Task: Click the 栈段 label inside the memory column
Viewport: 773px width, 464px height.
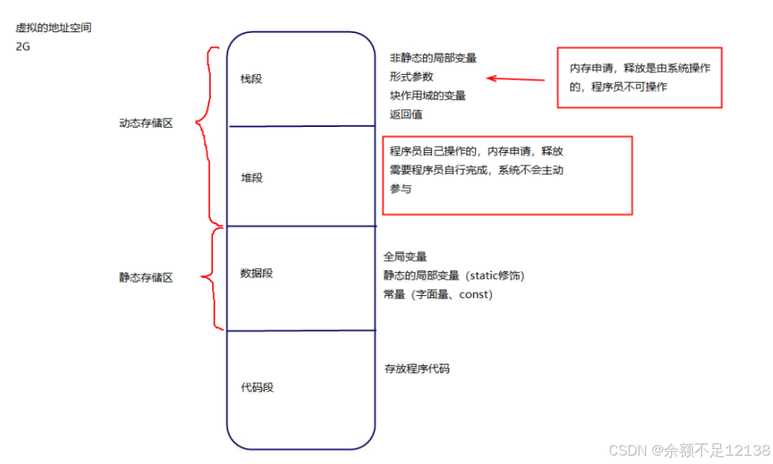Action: click(251, 78)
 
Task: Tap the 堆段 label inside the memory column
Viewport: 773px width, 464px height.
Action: click(252, 177)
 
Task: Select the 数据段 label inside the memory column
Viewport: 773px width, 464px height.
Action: click(257, 273)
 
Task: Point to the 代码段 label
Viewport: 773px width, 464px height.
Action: click(257, 388)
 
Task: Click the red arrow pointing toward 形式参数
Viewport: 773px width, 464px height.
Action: click(516, 79)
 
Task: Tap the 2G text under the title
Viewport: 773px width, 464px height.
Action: click(23, 46)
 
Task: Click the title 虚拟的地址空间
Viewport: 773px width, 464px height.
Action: click(54, 28)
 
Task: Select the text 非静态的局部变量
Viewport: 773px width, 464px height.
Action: click(433, 58)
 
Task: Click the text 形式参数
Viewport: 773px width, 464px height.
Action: click(412, 76)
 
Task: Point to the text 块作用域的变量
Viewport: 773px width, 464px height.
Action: click(428, 96)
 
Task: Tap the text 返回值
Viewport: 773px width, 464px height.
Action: click(406, 115)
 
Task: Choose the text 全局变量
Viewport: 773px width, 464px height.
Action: click(405, 258)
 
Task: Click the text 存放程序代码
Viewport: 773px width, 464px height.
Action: click(417, 368)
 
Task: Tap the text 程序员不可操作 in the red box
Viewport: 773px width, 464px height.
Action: click(629, 87)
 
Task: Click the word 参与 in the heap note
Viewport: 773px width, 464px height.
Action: click(401, 189)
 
